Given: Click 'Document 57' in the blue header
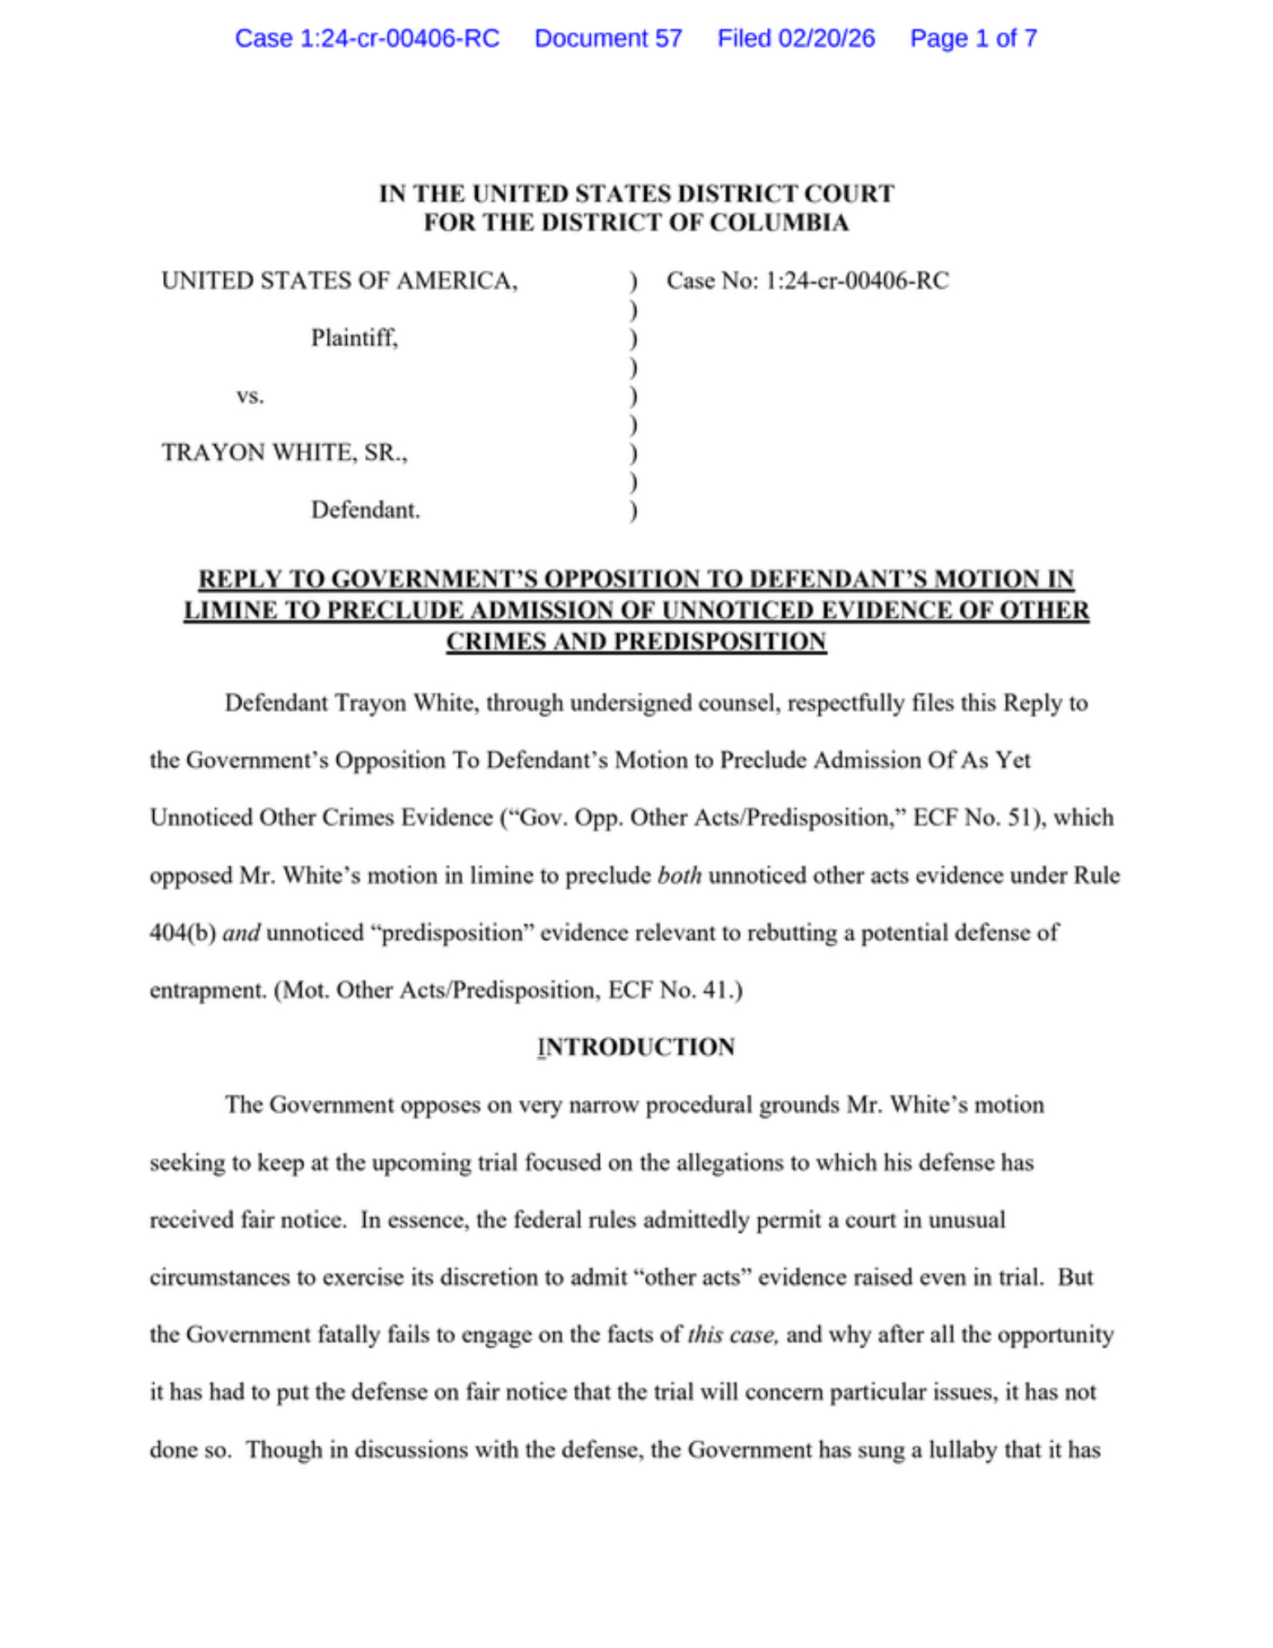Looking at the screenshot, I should click(x=608, y=39).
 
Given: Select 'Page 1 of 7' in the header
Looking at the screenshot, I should click(x=972, y=39).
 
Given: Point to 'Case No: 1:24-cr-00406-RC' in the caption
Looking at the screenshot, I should click(x=807, y=281).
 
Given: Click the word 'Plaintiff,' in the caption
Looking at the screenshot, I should click(x=354, y=338).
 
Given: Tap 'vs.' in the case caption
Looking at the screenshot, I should click(x=250, y=396).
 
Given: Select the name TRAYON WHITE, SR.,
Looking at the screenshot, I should click(x=284, y=452).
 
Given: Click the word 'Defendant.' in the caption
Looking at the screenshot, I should click(x=365, y=510).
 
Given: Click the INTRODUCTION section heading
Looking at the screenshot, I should click(x=635, y=1046).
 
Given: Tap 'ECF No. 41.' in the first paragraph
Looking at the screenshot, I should click(x=675, y=990).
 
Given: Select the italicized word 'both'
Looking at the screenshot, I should click(x=679, y=875).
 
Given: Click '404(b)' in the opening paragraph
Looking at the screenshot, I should click(x=182, y=933).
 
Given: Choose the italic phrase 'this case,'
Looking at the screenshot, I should click(x=732, y=1334).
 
